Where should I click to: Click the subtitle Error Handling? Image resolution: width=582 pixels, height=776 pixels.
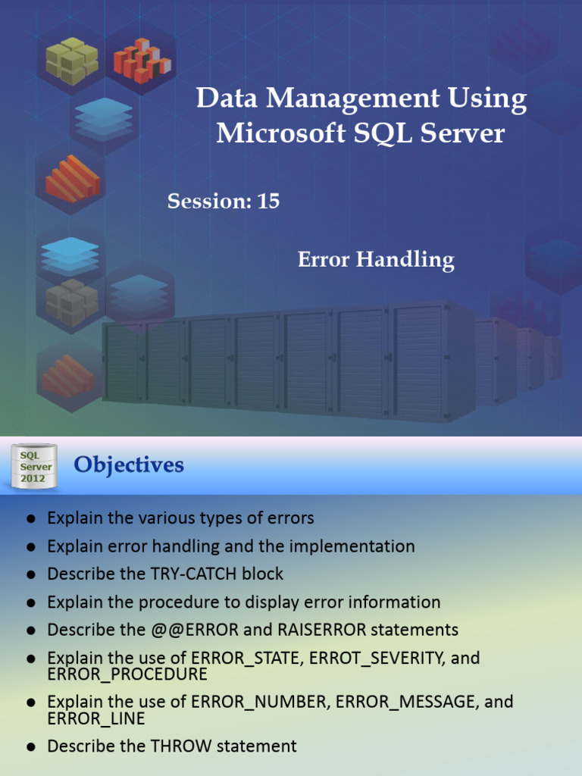pyautogui.click(x=376, y=260)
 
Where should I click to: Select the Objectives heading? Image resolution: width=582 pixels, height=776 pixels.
pyautogui.click(x=129, y=465)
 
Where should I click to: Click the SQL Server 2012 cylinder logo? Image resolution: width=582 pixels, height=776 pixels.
pyautogui.click(x=32, y=467)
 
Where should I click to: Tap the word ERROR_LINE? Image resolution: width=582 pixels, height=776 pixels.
pyautogui.click(x=95, y=718)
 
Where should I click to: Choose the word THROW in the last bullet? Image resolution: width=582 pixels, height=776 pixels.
pyautogui.click(x=182, y=746)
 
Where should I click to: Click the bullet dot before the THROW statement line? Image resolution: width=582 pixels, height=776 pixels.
pyautogui.click(x=31, y=746)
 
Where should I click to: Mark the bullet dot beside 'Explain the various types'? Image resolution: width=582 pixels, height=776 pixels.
pyautogui.click(x=31, y=519)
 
